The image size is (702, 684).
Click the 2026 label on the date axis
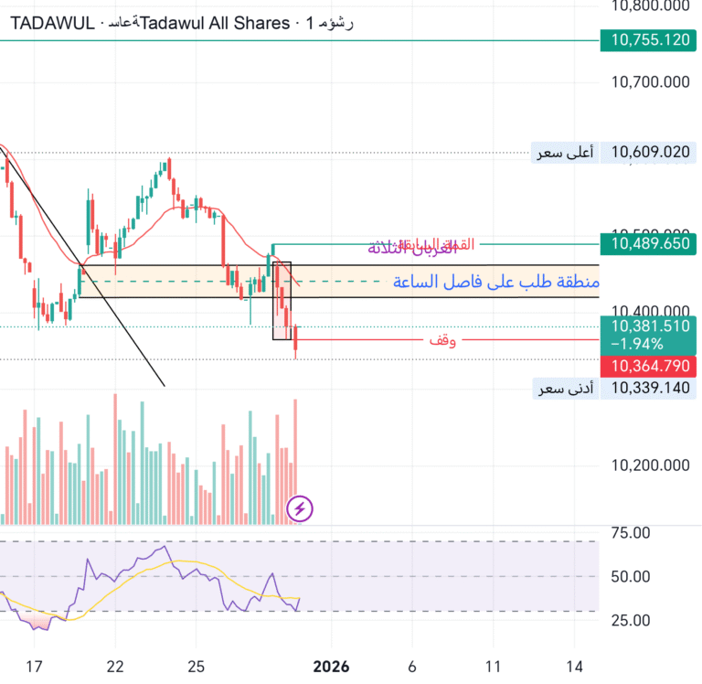[331, 668]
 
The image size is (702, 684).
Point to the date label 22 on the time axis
[115, 668]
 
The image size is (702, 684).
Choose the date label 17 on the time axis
[34, 668]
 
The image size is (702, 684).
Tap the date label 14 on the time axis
[575, 668]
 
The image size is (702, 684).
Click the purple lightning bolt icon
[301, 508]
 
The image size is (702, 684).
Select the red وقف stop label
[443, 340]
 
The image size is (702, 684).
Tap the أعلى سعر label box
[565, 153]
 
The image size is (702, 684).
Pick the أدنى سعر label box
[565, 389]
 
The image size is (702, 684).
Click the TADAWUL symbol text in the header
[52, 23]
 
